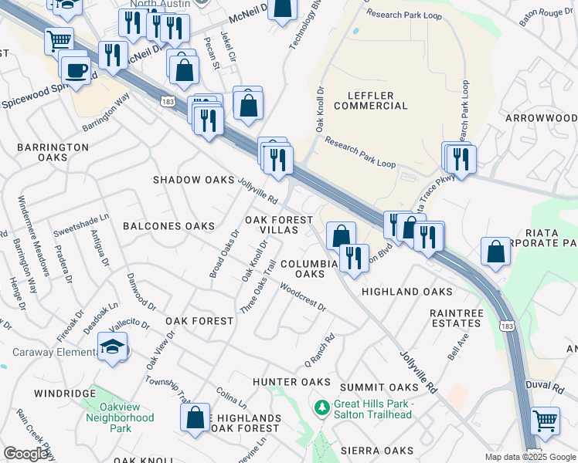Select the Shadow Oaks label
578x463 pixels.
point(193,180)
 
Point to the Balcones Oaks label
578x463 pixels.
point(168,226)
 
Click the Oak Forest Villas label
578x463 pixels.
point(279,225)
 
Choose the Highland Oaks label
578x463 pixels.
point(406,292)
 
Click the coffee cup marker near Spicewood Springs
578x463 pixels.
point(76,70)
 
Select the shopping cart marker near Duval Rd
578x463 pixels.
point(546,421)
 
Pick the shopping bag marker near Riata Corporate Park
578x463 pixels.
point(495,252)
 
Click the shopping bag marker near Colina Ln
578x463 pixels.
point(196,417)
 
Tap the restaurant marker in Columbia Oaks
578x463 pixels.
point(354,257)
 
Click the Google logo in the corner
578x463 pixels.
point(26,454)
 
